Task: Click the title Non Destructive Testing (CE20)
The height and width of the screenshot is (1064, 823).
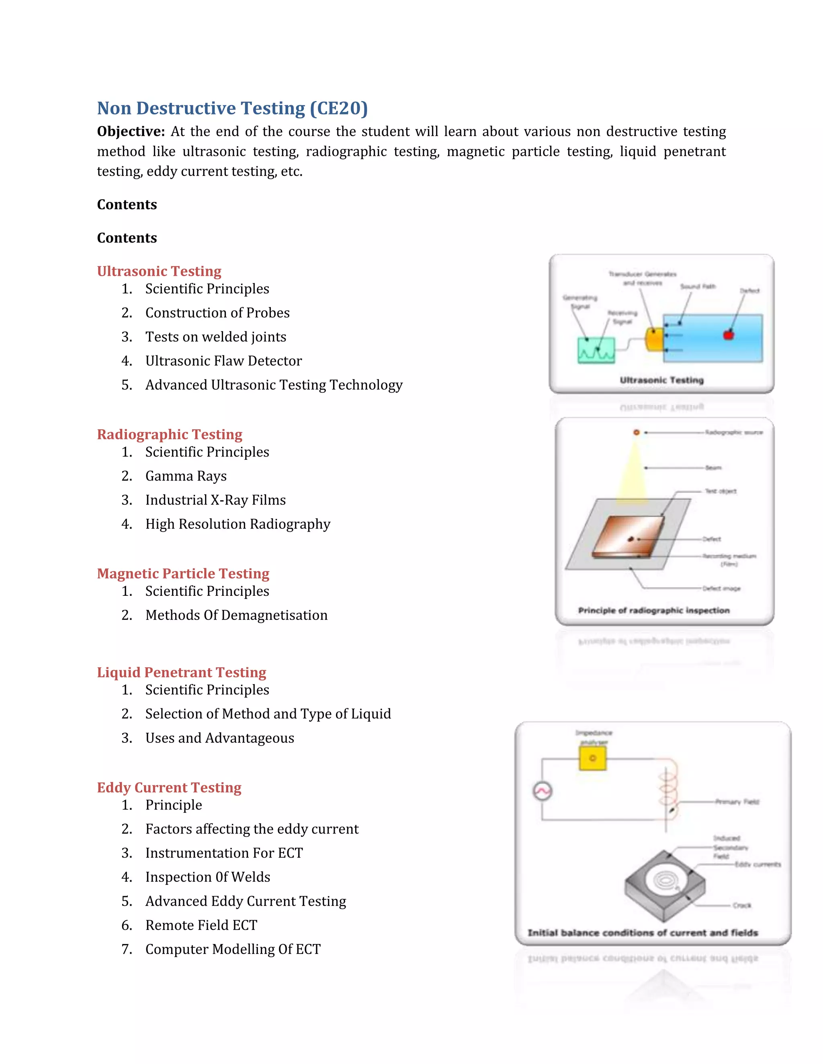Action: click(x=232, y=108)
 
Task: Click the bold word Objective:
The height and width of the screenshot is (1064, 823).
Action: click(x=131, y=132)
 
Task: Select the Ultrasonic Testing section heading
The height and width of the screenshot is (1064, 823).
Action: click(x=159, y=271)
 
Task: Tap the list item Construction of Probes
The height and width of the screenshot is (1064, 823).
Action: click(x=217, y=313)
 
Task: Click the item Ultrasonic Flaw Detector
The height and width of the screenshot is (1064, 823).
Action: click(x=223, y=361)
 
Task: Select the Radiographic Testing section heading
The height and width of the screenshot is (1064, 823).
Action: click(x=169, y=434)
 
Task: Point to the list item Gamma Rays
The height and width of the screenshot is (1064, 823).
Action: click(x=186, y=476)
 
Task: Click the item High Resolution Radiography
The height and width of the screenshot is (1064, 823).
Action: click(x=237, y=524)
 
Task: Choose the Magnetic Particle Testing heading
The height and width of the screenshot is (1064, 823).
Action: click(x=183, y=573)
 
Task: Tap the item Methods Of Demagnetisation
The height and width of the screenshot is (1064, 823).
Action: click(x=236, y=615)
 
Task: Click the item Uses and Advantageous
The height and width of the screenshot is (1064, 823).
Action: click(x=219, y=738)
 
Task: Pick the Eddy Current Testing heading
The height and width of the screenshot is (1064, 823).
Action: click(x=169, y=788)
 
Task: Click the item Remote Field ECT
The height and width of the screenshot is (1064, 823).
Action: click(x=201, y=925)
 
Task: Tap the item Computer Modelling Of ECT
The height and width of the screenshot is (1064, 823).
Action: click(x=233, y=950)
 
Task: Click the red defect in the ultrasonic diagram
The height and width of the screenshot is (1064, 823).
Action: click(x=729, y=335)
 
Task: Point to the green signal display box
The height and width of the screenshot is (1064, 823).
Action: click(x=596, y=350)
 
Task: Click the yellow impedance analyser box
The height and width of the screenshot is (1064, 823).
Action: click(x=592, y=758)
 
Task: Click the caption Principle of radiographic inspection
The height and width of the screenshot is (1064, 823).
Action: click(x=653, y=610)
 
